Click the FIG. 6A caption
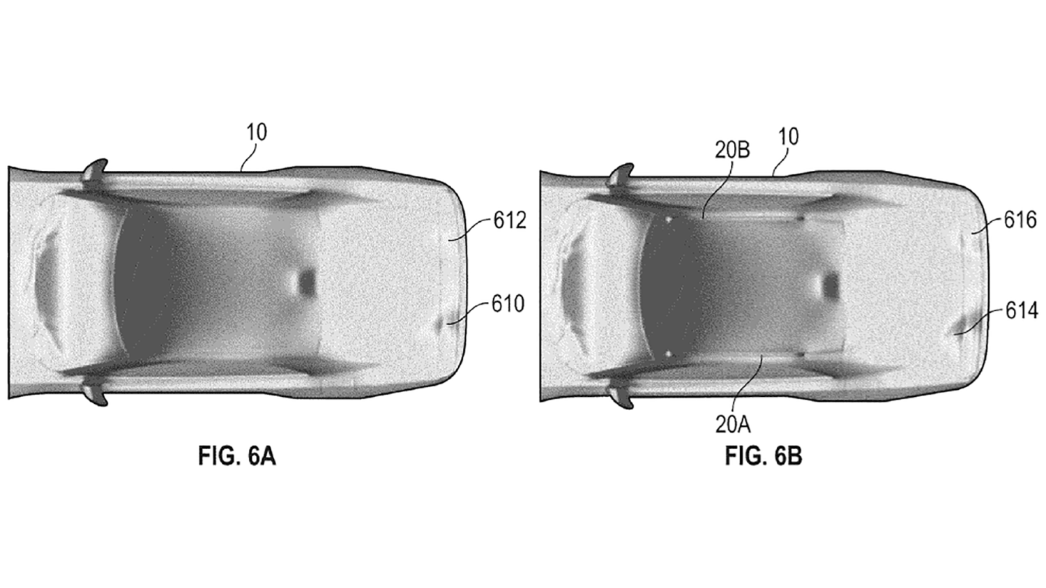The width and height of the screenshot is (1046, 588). pyautogui.click(x=237, y=456)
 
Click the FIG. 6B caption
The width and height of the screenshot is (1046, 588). pyautogui.click(x=764, y=456)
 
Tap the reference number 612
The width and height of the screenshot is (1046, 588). pyautogui.click(x=510, y=220)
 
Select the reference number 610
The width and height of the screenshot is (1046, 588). pyautogui.click(x=508, y=304)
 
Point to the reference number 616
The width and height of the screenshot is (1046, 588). pyautogui.click(x=1021, y=220)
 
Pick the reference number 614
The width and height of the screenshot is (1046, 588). pyautogui.click(x=1022, y=310)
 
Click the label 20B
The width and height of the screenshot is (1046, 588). pyautogui.click(x=733, y=150)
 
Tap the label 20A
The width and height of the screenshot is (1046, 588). pyautogui.click(x=733, y=425)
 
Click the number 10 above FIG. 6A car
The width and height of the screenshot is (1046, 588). pyautogui.click(x=257, y=132)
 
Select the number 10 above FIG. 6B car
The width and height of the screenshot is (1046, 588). pyautogui.click(x=789, y=137)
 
